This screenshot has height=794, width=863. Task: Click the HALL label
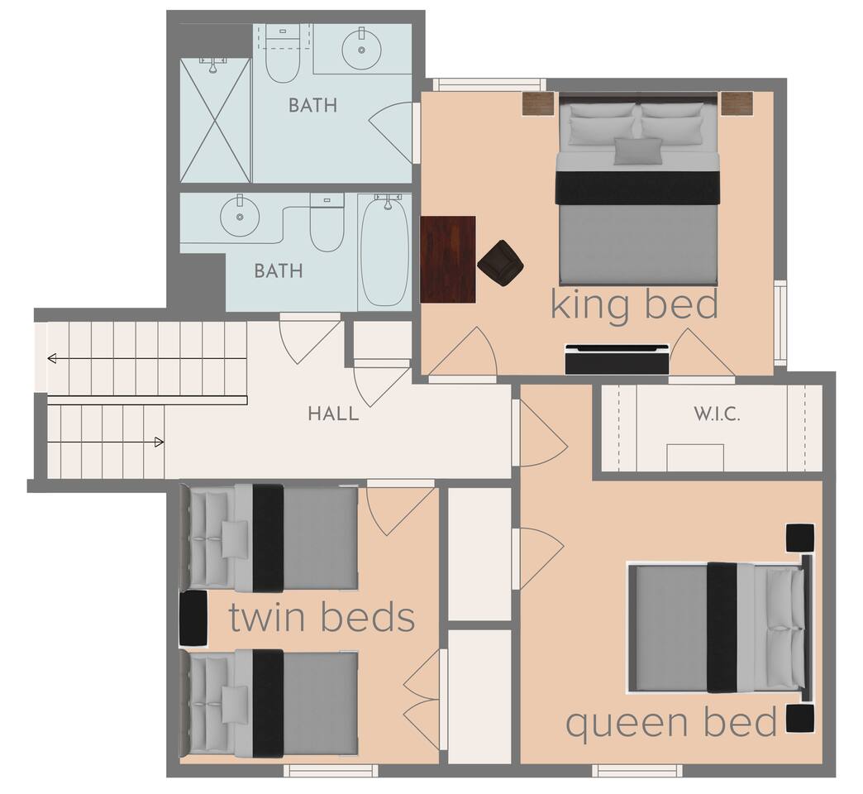pos(333,414)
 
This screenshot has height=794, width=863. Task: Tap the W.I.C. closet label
pos(717,414)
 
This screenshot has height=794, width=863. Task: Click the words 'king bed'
pos(635,304)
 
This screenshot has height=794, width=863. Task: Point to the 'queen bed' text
pos(671,722)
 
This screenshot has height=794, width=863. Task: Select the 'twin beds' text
pos(322,617)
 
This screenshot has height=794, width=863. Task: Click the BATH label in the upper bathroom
pos(312,105)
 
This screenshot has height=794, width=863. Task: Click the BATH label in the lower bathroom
pos(279,271)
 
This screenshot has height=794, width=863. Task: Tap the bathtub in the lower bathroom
pos(384,251)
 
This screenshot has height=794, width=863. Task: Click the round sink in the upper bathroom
pos(361,50)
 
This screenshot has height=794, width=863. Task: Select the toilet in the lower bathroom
pos(327,222)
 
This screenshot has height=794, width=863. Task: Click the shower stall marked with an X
pos(215,120)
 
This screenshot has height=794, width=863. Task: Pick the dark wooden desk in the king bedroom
pos(448,260)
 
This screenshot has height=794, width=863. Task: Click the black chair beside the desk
pos(500,263)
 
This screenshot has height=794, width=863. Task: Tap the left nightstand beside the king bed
pos(538,103)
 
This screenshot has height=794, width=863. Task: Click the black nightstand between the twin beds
pos(193,619)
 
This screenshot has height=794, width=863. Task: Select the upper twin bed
pos(269,538)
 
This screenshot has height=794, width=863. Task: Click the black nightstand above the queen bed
pos(799,538)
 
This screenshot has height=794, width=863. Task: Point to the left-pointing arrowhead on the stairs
pos(52,359)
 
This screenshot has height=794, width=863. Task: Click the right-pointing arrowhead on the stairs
pos(159,442)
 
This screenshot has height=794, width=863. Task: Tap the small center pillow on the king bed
pos(638,151)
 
